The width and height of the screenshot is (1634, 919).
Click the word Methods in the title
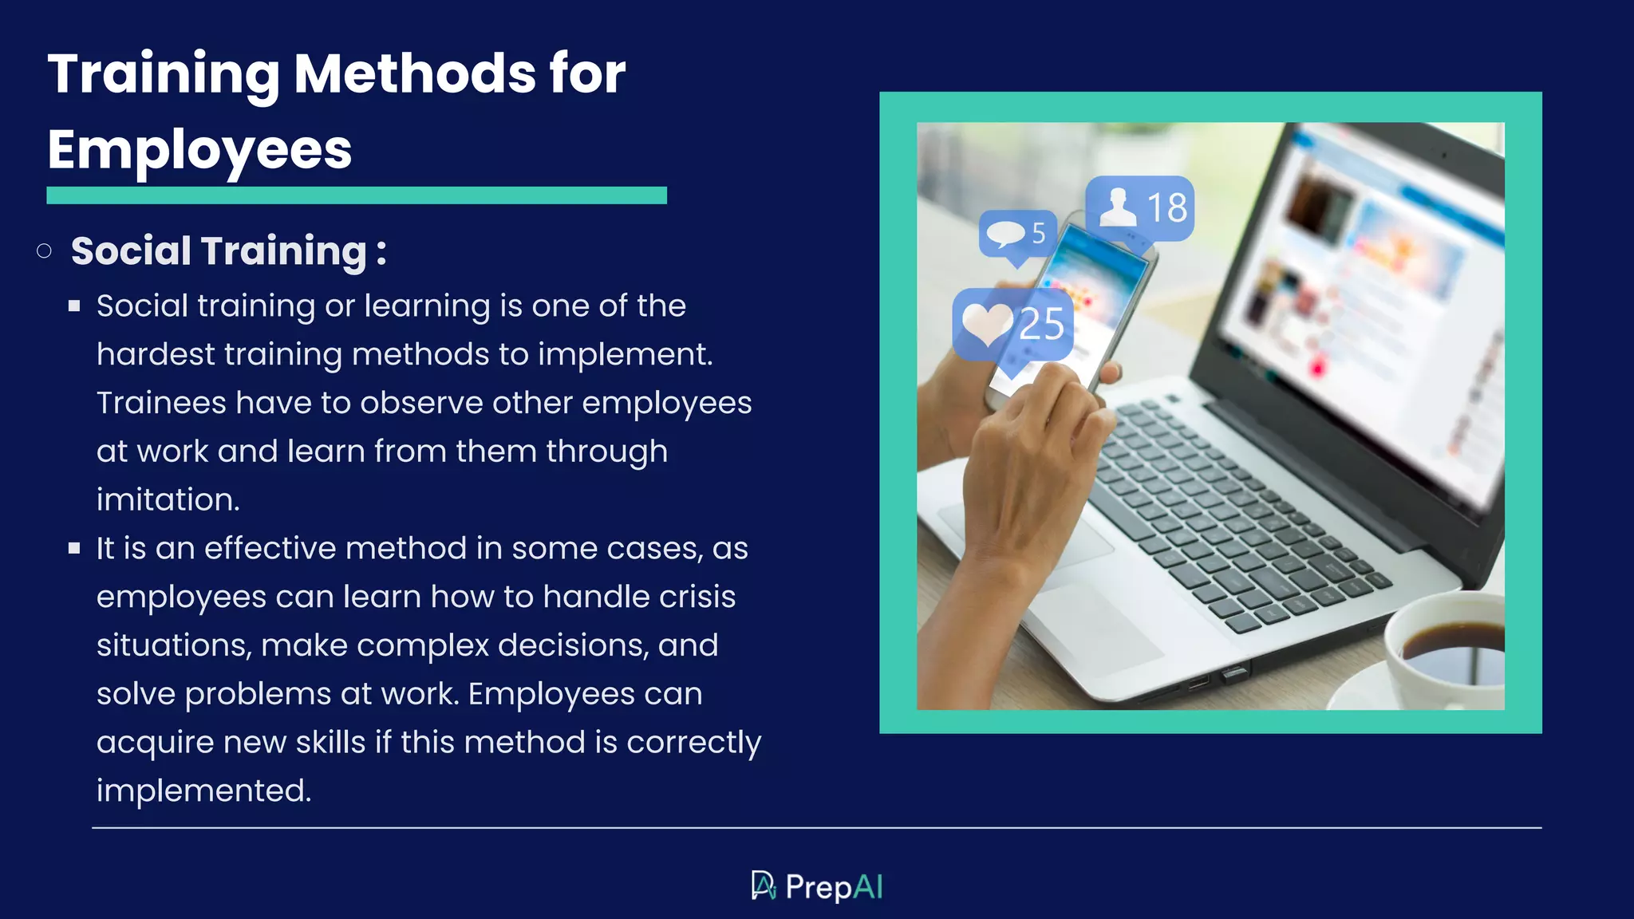(x=415, y=73)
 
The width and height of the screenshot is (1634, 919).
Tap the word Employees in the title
(x=199, y=150)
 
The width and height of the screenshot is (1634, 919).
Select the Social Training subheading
(x=228, y=251)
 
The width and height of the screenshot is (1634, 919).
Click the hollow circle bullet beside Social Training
(x=45, y=251)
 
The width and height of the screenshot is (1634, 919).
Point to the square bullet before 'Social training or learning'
(x=74, y=306)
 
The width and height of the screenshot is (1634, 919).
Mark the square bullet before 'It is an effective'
(x=74, y=548)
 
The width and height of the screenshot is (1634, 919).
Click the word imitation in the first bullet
(x=168, y=500)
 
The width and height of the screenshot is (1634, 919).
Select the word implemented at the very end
(x=203, y=791)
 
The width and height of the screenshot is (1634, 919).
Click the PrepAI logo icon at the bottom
(x=763, y=885)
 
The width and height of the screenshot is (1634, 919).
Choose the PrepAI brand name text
(x=834, y=887)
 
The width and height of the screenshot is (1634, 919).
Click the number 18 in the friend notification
(x=1166, y=208)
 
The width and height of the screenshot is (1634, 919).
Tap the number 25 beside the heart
(x=1041, y=325)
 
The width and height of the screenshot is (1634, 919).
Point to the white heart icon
(x=987, y=324)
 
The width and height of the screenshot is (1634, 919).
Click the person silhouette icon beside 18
(x=1118, y=207)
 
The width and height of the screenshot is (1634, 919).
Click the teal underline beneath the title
(x=357, y=195)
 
